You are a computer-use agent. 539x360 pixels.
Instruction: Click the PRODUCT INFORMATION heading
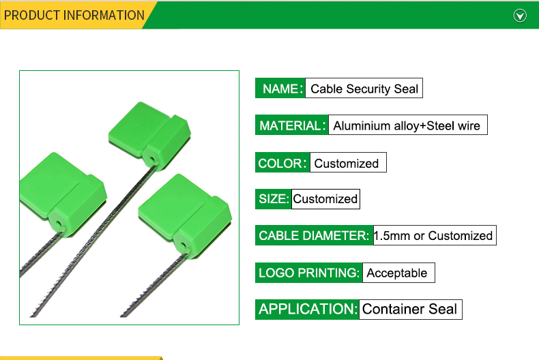pos(74,16)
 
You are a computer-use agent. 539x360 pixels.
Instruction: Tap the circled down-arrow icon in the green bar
pos(520,16)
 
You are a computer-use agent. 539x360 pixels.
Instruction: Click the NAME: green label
pos(280,88)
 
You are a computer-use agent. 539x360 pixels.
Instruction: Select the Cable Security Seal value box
pos(364,88)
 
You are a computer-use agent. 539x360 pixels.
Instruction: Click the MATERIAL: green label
pos(292,125)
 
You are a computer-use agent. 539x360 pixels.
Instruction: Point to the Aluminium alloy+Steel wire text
pos(407,125)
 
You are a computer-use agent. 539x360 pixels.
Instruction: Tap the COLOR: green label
pos(282,162)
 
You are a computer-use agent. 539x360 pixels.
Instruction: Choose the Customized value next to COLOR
pos(348,162)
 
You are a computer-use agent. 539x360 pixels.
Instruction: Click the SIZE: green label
pos(274,199)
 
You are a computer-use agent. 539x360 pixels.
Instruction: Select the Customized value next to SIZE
pos(325,199)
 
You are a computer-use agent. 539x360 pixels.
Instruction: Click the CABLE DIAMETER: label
pos(314,235)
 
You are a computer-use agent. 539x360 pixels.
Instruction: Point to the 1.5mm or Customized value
pos(435,235)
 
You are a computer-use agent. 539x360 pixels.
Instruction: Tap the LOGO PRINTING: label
pos(308,273)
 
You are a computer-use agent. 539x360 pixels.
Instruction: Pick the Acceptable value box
pos(398,273)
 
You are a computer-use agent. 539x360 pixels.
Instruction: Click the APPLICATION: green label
pos(307,309)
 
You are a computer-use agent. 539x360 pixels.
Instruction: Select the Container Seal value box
pos(411,309)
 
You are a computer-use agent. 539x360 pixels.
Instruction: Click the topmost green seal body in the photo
pos(149,134)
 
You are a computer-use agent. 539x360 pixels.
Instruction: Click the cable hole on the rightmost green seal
pos(184,245)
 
